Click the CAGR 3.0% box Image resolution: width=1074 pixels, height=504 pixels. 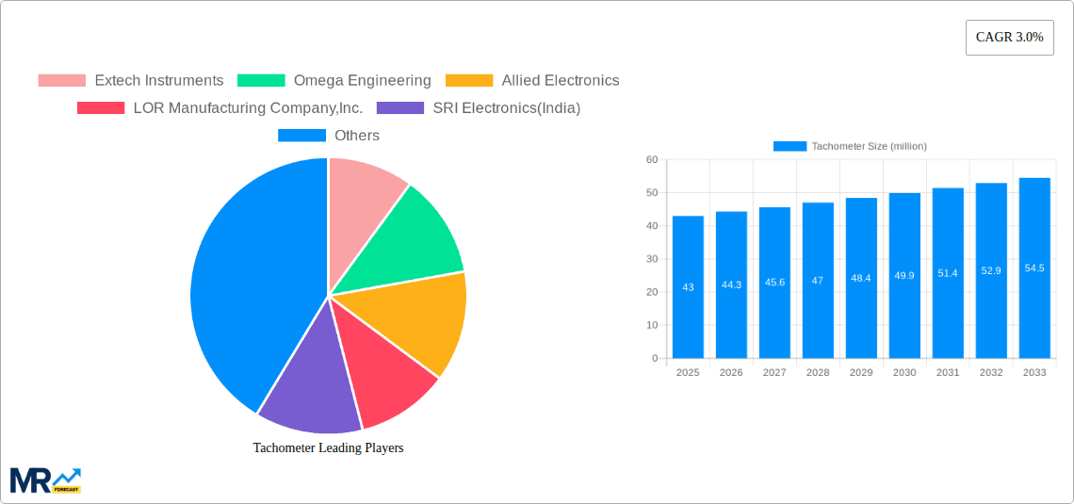[x=1009, y=38]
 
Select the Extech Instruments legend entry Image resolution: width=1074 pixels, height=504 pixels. [x=131, y=80]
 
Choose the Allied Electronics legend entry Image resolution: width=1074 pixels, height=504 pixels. [x=532, y=80]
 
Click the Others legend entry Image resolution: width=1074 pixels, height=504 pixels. [x=329, y=135]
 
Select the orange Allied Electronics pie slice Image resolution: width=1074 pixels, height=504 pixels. [x=424, y=320]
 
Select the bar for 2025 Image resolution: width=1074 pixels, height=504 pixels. [x=688, y=287]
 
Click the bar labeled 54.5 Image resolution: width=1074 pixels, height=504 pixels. [x=1034, y=268]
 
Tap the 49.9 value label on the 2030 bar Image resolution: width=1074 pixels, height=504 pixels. [x=904, y=275]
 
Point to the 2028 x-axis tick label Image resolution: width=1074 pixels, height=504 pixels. [x=818, y=373]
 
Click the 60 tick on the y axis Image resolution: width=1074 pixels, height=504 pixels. [x=652, y=160]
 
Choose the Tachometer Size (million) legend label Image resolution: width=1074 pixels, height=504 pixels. [x=869, y=146]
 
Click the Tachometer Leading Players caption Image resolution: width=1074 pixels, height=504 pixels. [x=328, y=447]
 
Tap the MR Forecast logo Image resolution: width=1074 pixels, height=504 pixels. [x=45, y=480]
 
